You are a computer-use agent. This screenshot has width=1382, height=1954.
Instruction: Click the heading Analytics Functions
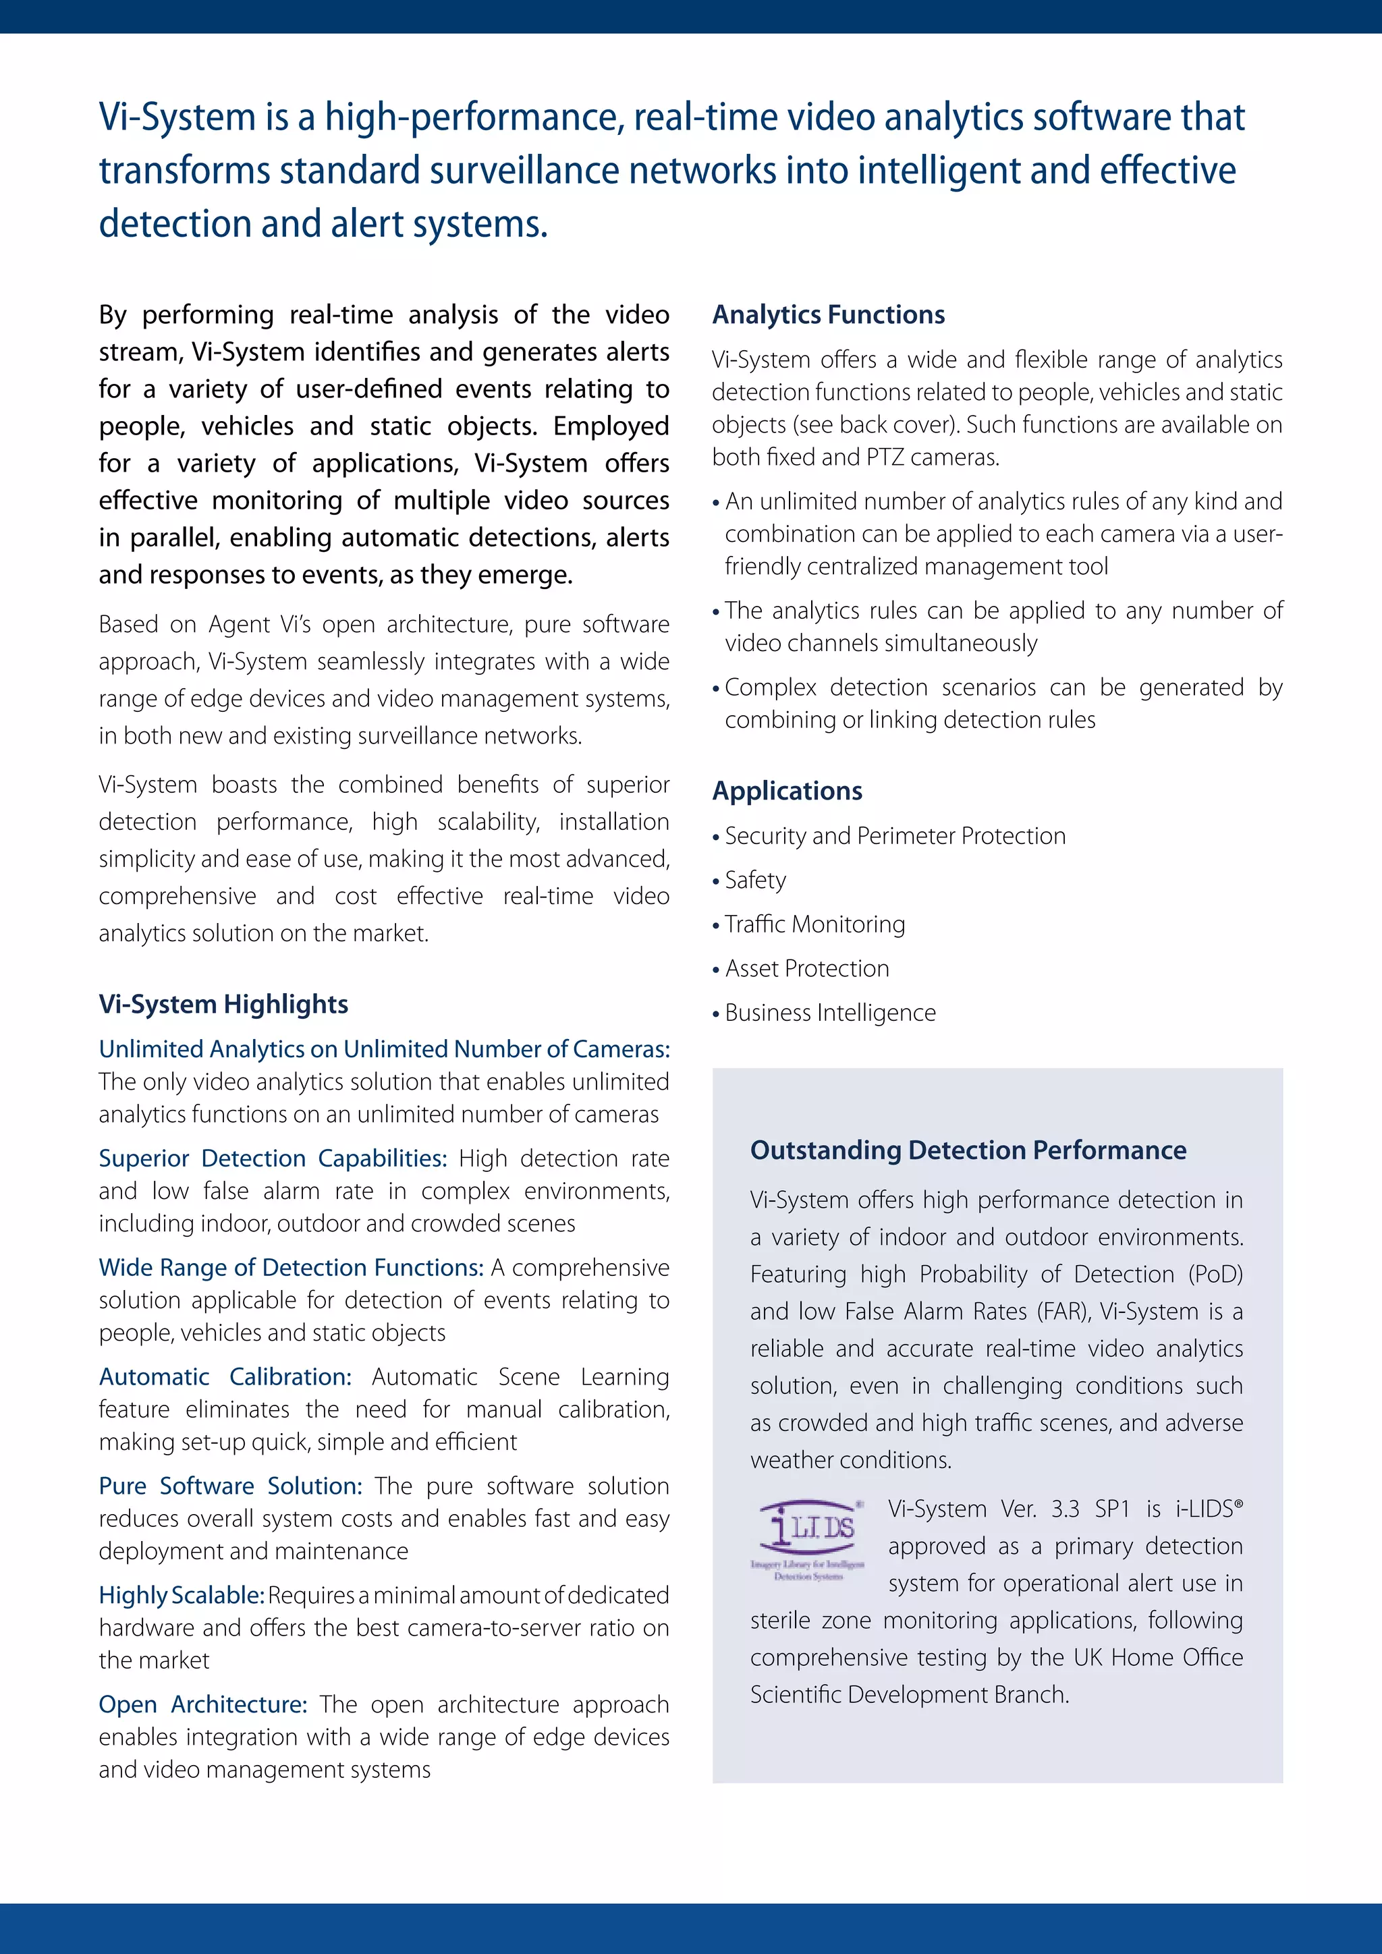click(828, 315)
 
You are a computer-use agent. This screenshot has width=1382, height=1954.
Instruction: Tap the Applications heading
click(787, 791)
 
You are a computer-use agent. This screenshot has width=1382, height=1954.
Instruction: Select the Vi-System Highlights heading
click(223, 1004)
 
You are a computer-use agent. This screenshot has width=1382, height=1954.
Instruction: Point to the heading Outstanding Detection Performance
click(968, 1150)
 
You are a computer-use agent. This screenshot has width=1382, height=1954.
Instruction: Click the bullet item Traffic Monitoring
click(814, 924)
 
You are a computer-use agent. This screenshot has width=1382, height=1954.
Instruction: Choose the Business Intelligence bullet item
click(830, 1013)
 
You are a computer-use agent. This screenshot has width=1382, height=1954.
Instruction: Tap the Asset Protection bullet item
click(807, 968)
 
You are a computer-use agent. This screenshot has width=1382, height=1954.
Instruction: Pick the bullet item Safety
click(755, 880)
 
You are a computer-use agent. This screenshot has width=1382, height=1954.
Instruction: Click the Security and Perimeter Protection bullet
click(894, 836)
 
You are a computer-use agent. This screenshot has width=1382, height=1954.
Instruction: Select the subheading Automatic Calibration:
click(225, 1377)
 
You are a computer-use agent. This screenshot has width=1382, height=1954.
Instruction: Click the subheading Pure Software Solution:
click(229, 1486)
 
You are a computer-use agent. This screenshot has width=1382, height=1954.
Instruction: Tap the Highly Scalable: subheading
click(182, 1595)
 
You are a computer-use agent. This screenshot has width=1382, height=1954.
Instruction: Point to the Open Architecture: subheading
click(202, 1704)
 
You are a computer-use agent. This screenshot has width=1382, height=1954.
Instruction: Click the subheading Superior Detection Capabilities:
click(273, 1159)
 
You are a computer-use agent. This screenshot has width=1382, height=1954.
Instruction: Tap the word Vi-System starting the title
click(177, 117)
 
